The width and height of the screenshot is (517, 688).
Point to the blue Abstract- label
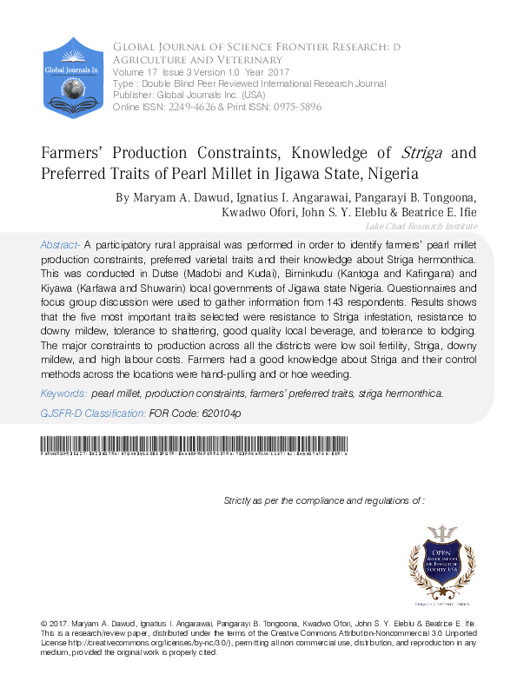pyautogui.click(x=60, y=246)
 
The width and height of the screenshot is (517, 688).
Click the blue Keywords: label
pyautogui.click(x=63, y=394)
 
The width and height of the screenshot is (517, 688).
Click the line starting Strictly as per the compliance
pyautogui.click(x=323, y=501)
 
